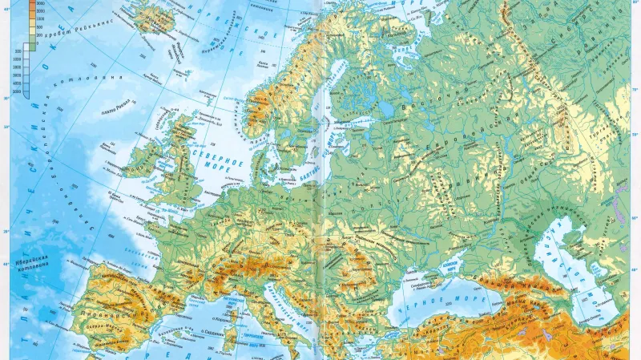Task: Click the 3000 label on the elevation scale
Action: coord(39,5)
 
